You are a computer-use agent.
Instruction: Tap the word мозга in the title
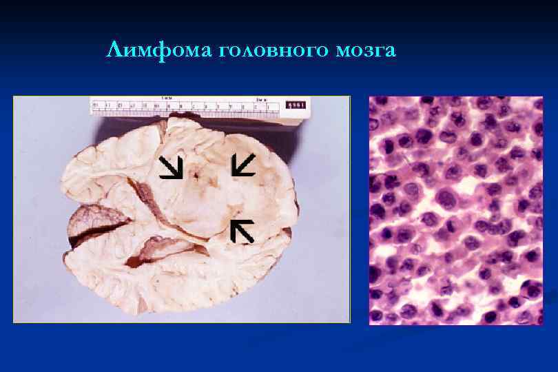click(366, 51)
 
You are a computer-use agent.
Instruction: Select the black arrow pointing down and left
click(243, 165)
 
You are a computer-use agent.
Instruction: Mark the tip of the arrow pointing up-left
click(232, 221)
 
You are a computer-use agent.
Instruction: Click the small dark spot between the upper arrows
click(196, 177)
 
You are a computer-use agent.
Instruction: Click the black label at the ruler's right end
click(296, 105)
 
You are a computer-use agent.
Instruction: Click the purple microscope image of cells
click(455, 210)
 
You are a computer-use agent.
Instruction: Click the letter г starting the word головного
click(226, 52)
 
